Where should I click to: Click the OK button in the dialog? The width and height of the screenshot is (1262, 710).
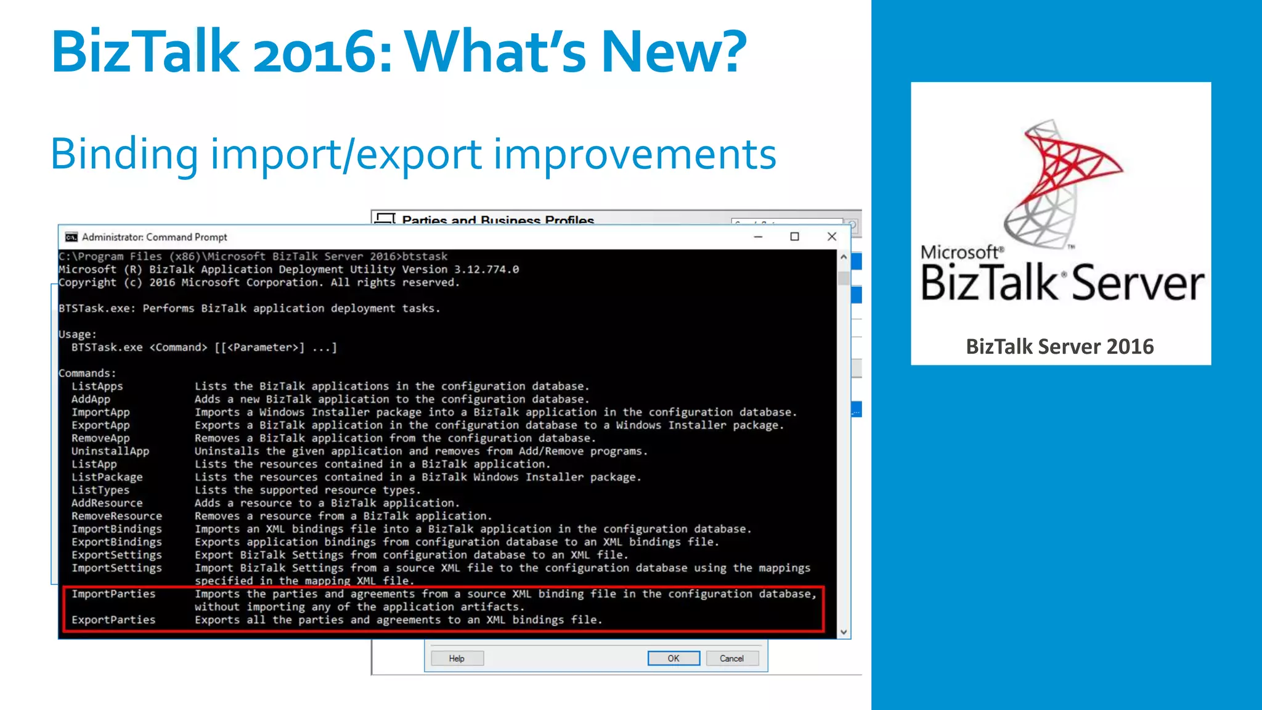click(674, 658)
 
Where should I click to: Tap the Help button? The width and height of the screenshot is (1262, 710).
click(457, 658)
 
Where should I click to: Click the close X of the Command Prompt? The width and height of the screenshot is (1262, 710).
click(831, 237)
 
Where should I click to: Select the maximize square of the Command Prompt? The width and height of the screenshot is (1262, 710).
click(794, 237)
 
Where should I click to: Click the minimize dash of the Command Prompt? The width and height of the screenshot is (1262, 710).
click(758, 237)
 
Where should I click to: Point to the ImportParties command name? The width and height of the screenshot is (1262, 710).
click(113, 594)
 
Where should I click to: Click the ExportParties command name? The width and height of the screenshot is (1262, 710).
click(113, 619)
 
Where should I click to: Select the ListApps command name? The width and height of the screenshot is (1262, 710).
click(97, 386)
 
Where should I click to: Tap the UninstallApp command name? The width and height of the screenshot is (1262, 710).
click(110, 451)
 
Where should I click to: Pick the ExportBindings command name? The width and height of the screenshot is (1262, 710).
click(116, 542)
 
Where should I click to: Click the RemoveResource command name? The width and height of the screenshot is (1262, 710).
click(116, 516)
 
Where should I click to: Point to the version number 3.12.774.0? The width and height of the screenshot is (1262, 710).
click(486, 269)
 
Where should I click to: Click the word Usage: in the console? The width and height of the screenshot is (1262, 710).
click(78, 334)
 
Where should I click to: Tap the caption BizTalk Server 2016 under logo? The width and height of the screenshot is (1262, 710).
click(1059, 346)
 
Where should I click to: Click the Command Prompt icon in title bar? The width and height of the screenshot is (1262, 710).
click(71, 237)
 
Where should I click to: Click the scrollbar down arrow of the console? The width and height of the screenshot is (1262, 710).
click(844, 632)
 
